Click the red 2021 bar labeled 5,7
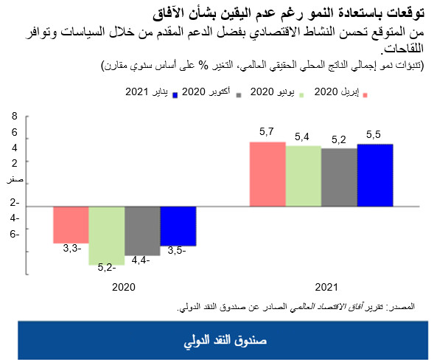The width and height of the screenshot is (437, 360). [268, 174]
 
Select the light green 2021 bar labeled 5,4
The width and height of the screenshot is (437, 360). [304, 176]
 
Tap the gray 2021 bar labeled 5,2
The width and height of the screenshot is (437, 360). [339, 177]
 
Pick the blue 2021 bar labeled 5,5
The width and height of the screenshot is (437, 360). [375, 176]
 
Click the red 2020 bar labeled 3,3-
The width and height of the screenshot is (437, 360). [71, 224]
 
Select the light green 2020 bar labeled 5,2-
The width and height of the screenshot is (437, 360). [107, 235]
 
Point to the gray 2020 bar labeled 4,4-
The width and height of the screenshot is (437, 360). [142, 230]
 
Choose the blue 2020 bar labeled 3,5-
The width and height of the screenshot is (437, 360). [178, 226]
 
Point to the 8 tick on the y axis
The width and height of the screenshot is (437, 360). [14, 117]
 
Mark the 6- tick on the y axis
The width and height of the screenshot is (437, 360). [14, 234]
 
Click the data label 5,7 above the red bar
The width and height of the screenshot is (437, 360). [267, 131]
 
